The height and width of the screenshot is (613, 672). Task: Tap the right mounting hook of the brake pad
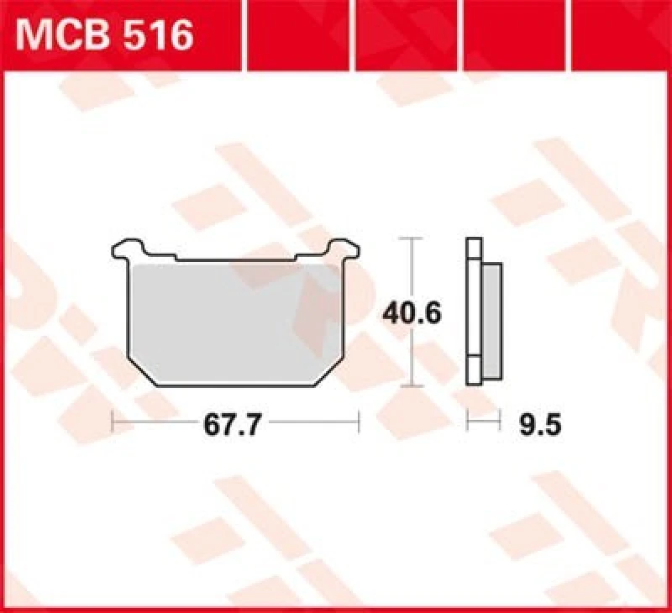point(341,249)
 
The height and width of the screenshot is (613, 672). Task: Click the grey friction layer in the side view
point(493,319)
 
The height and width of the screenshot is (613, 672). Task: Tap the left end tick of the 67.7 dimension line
point(113,422)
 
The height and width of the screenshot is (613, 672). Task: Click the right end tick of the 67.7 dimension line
point(358,422)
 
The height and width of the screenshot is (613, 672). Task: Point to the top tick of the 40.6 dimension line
point(411,239)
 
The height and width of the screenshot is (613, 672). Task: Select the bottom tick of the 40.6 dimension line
point(411,386)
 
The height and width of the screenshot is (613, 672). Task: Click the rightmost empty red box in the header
point(622,35)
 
